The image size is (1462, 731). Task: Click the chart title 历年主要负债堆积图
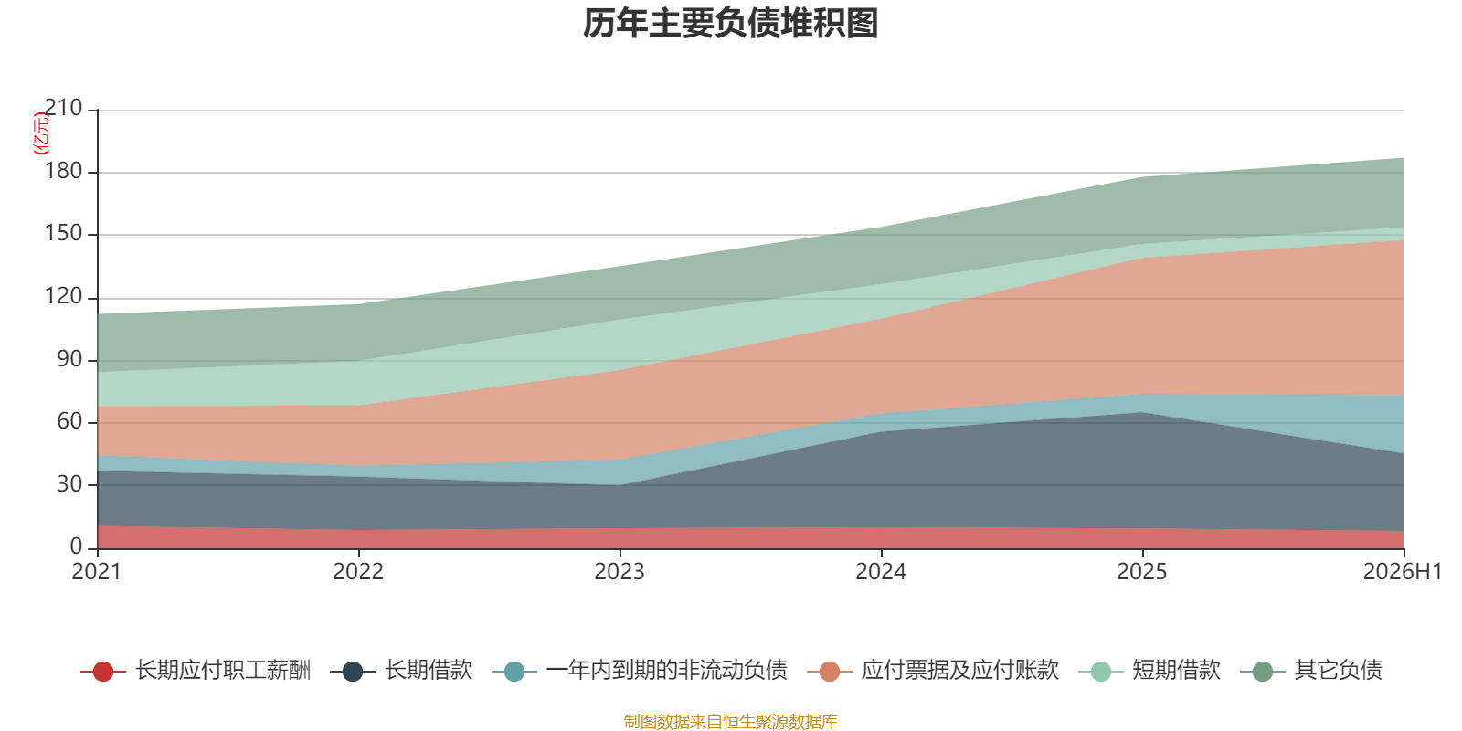730,24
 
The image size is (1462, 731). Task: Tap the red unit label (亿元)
40,133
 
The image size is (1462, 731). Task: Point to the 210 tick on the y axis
63,108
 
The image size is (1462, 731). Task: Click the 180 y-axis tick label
63,171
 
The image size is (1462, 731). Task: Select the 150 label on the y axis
63,233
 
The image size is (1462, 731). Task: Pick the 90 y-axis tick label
69,359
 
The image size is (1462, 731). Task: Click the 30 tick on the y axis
69,484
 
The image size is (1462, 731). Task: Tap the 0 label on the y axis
77,546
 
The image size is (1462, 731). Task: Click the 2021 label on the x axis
97,572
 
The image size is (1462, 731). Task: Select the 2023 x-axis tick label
620,572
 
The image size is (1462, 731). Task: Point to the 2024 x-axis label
881,572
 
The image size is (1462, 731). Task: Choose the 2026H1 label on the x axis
1403,572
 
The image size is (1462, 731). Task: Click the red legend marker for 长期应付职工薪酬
103,671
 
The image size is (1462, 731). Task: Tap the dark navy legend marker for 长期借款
353,671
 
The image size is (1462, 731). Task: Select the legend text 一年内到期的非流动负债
666,671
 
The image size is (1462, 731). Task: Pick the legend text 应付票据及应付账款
959,671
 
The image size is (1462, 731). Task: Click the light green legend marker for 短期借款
1101,671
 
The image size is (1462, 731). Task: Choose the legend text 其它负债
1338,671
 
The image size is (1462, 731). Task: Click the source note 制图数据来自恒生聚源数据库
730,721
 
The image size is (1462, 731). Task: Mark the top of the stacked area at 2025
1142,177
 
